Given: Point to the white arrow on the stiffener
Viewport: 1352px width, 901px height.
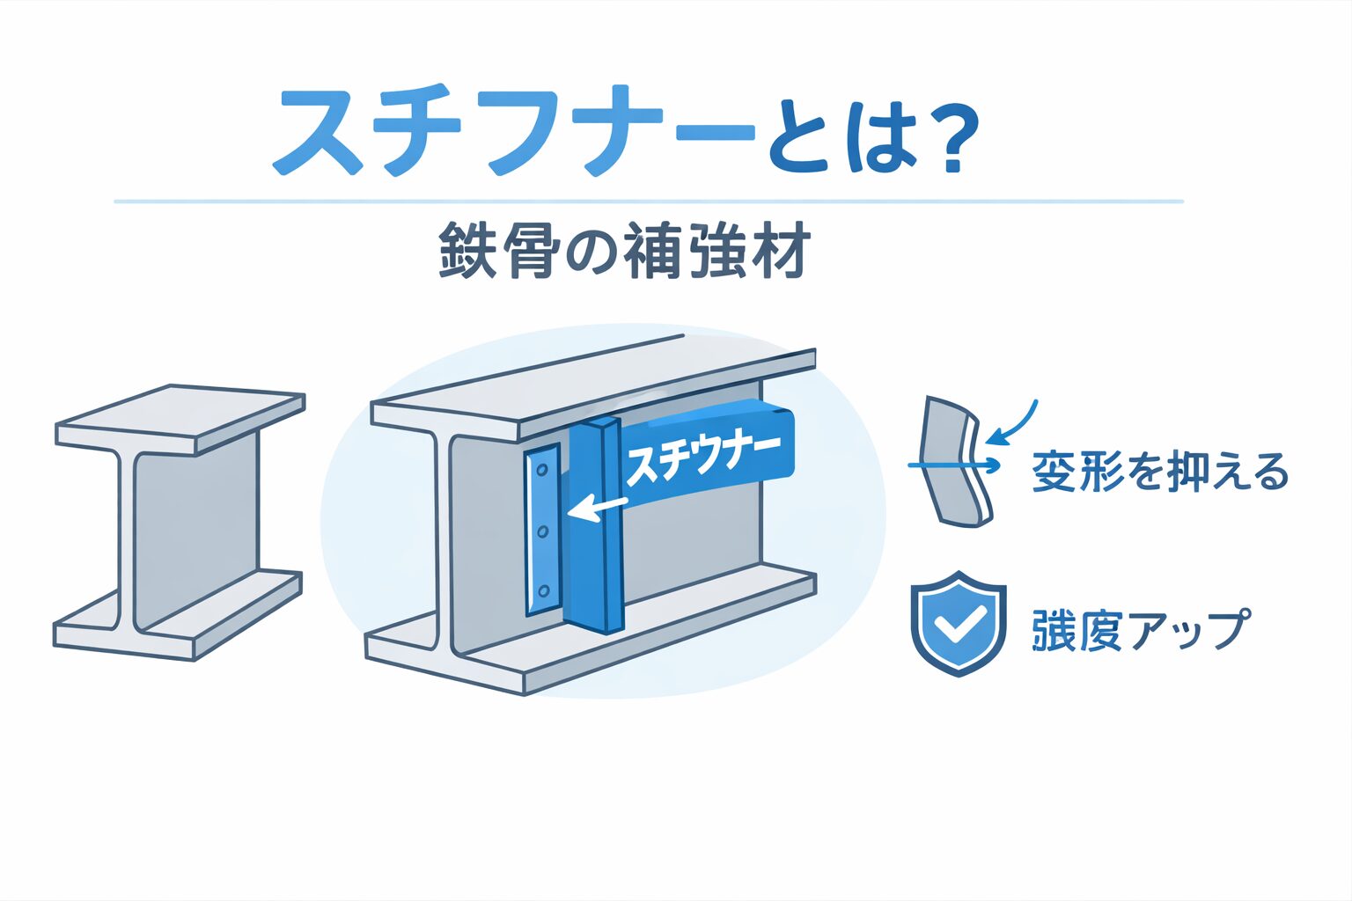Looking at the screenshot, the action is pos(598,509).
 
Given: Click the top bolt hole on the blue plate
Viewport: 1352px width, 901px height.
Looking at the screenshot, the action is pos(541,469).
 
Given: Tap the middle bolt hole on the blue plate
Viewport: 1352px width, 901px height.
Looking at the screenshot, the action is pos(542,531).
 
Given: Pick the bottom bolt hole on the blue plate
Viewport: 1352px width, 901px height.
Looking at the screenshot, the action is pos(543,590).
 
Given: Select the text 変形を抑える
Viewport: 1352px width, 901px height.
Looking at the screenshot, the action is pos(1159,472).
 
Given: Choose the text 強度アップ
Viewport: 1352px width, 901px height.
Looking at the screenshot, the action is pos(1140,630).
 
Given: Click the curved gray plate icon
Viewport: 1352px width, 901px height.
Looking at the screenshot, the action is pos(954,462).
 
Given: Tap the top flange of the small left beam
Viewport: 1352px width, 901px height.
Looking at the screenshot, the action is pos(180,420).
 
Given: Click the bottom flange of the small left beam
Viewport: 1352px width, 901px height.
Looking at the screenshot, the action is pos(178,616).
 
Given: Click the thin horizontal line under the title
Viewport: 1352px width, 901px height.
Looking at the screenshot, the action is pos(648,201).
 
